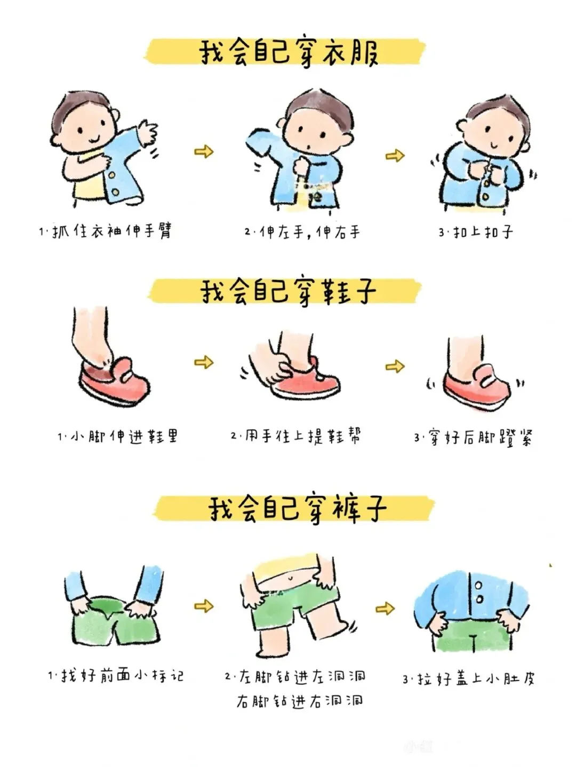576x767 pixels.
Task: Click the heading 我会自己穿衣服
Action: click(x=289, y=53)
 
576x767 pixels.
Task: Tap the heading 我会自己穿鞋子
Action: click(x=289, y=293)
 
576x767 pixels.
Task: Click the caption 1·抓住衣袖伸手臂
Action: click(x=106, y=230)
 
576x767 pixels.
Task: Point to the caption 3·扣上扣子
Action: click(x=476, y=231)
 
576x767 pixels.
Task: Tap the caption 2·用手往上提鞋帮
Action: click(x=295, y=436)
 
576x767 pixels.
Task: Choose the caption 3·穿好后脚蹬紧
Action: click(x=473, y=437)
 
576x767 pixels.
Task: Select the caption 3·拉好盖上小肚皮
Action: click(x=469, y=679)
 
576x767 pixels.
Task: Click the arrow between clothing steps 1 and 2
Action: click(x=204, y=151)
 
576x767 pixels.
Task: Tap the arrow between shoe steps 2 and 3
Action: click(x=395, y=366)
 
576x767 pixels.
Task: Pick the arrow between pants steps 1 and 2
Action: click(x=204, y=606)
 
